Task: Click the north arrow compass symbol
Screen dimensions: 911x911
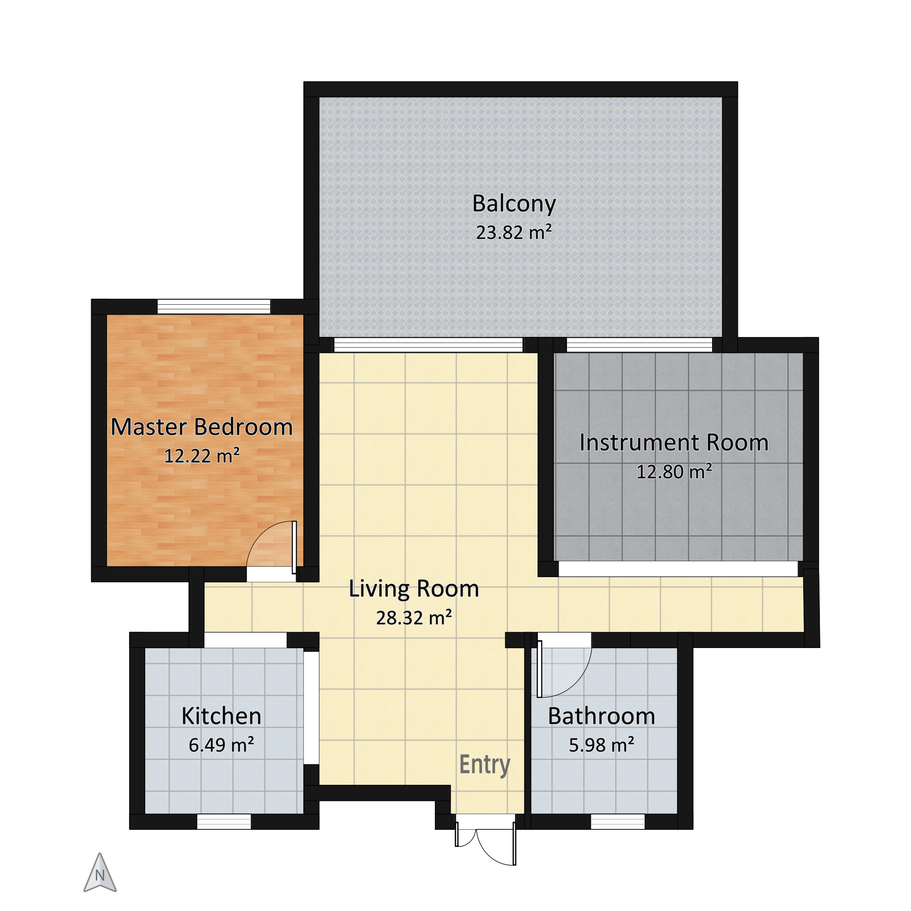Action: tap(100, 873)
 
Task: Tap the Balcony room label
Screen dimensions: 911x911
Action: tap(514, 204)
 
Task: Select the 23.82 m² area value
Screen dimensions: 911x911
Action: tap(514, 232)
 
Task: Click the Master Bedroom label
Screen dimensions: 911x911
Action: tap(202, 427)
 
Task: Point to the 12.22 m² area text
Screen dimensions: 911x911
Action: tap(202, 456)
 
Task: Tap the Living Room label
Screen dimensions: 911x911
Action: tap(414, 590)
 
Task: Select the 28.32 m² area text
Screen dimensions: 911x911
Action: tap(414, 618)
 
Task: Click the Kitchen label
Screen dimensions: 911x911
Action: tap(222, 716)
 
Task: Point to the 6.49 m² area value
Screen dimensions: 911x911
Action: tap(222, 745)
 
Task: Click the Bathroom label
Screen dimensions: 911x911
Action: tap(602, 716)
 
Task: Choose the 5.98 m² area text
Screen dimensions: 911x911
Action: tap(602, 745)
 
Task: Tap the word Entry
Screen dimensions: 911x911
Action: tap(485, 765)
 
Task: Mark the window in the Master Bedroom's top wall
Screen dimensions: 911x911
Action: tap(214, 306)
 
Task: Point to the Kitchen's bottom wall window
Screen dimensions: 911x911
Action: tap(224, 822)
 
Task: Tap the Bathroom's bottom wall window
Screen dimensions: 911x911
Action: tap(618, 822)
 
